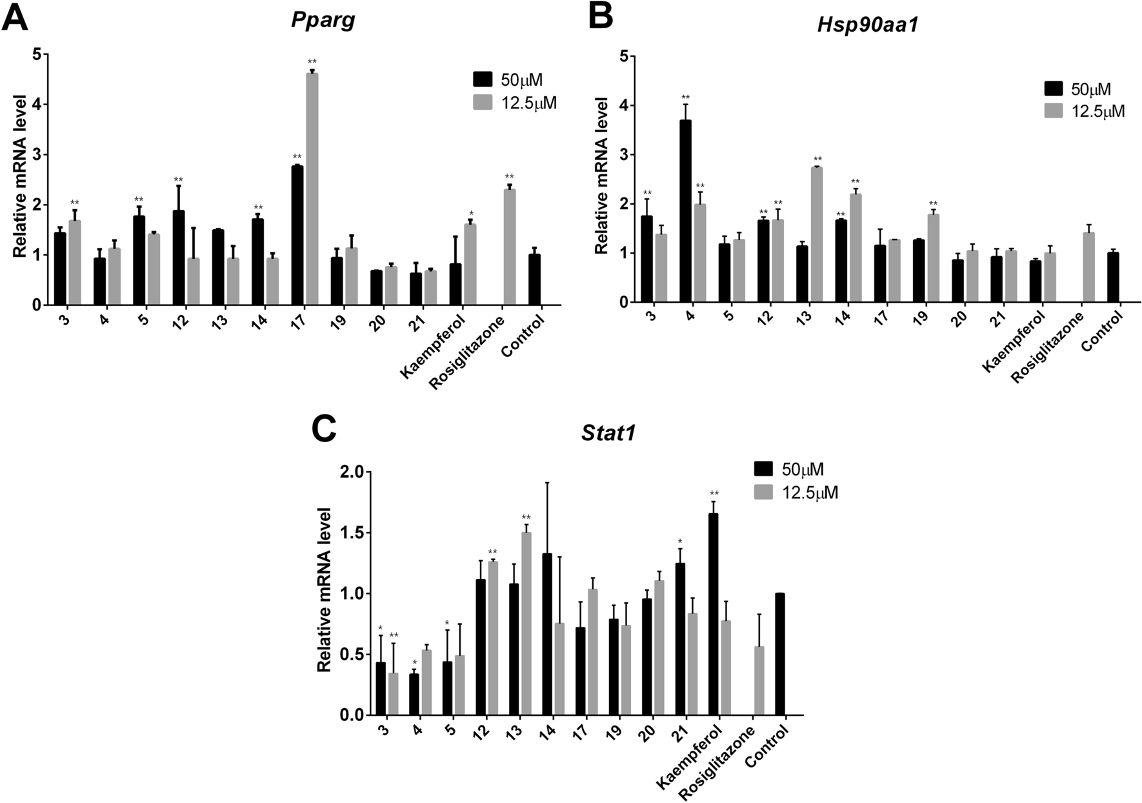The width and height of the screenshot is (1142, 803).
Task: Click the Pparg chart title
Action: (315, 20)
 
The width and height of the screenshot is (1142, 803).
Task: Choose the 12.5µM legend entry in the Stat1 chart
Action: (796, 493)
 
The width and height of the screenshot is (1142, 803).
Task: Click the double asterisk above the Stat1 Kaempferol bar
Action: (714, 494)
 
